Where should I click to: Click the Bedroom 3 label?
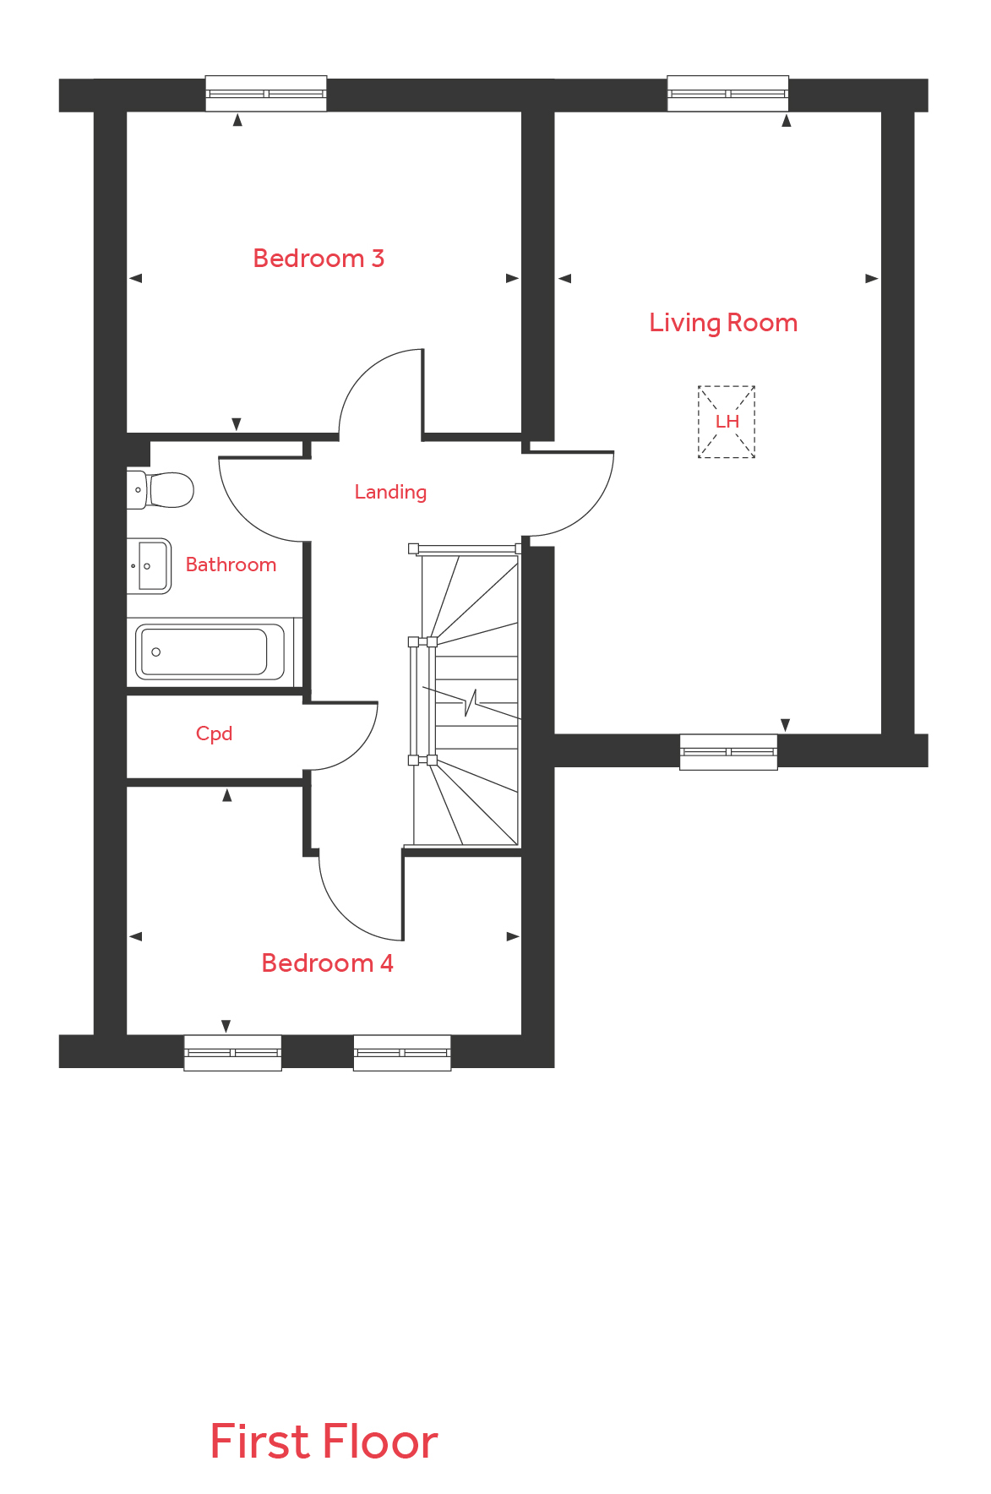319,258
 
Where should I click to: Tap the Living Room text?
723,323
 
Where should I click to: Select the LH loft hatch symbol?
727,422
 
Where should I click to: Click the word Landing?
390,492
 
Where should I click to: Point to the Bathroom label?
231,564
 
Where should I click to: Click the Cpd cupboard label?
214,733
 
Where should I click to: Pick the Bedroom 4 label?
327,963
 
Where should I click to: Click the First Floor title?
324,1442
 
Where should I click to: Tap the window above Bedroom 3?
266,94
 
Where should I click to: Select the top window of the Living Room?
727,94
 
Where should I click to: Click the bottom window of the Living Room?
728,752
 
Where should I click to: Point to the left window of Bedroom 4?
232,1053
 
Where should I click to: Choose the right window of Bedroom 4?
402,1053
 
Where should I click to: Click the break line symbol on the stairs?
471,702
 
